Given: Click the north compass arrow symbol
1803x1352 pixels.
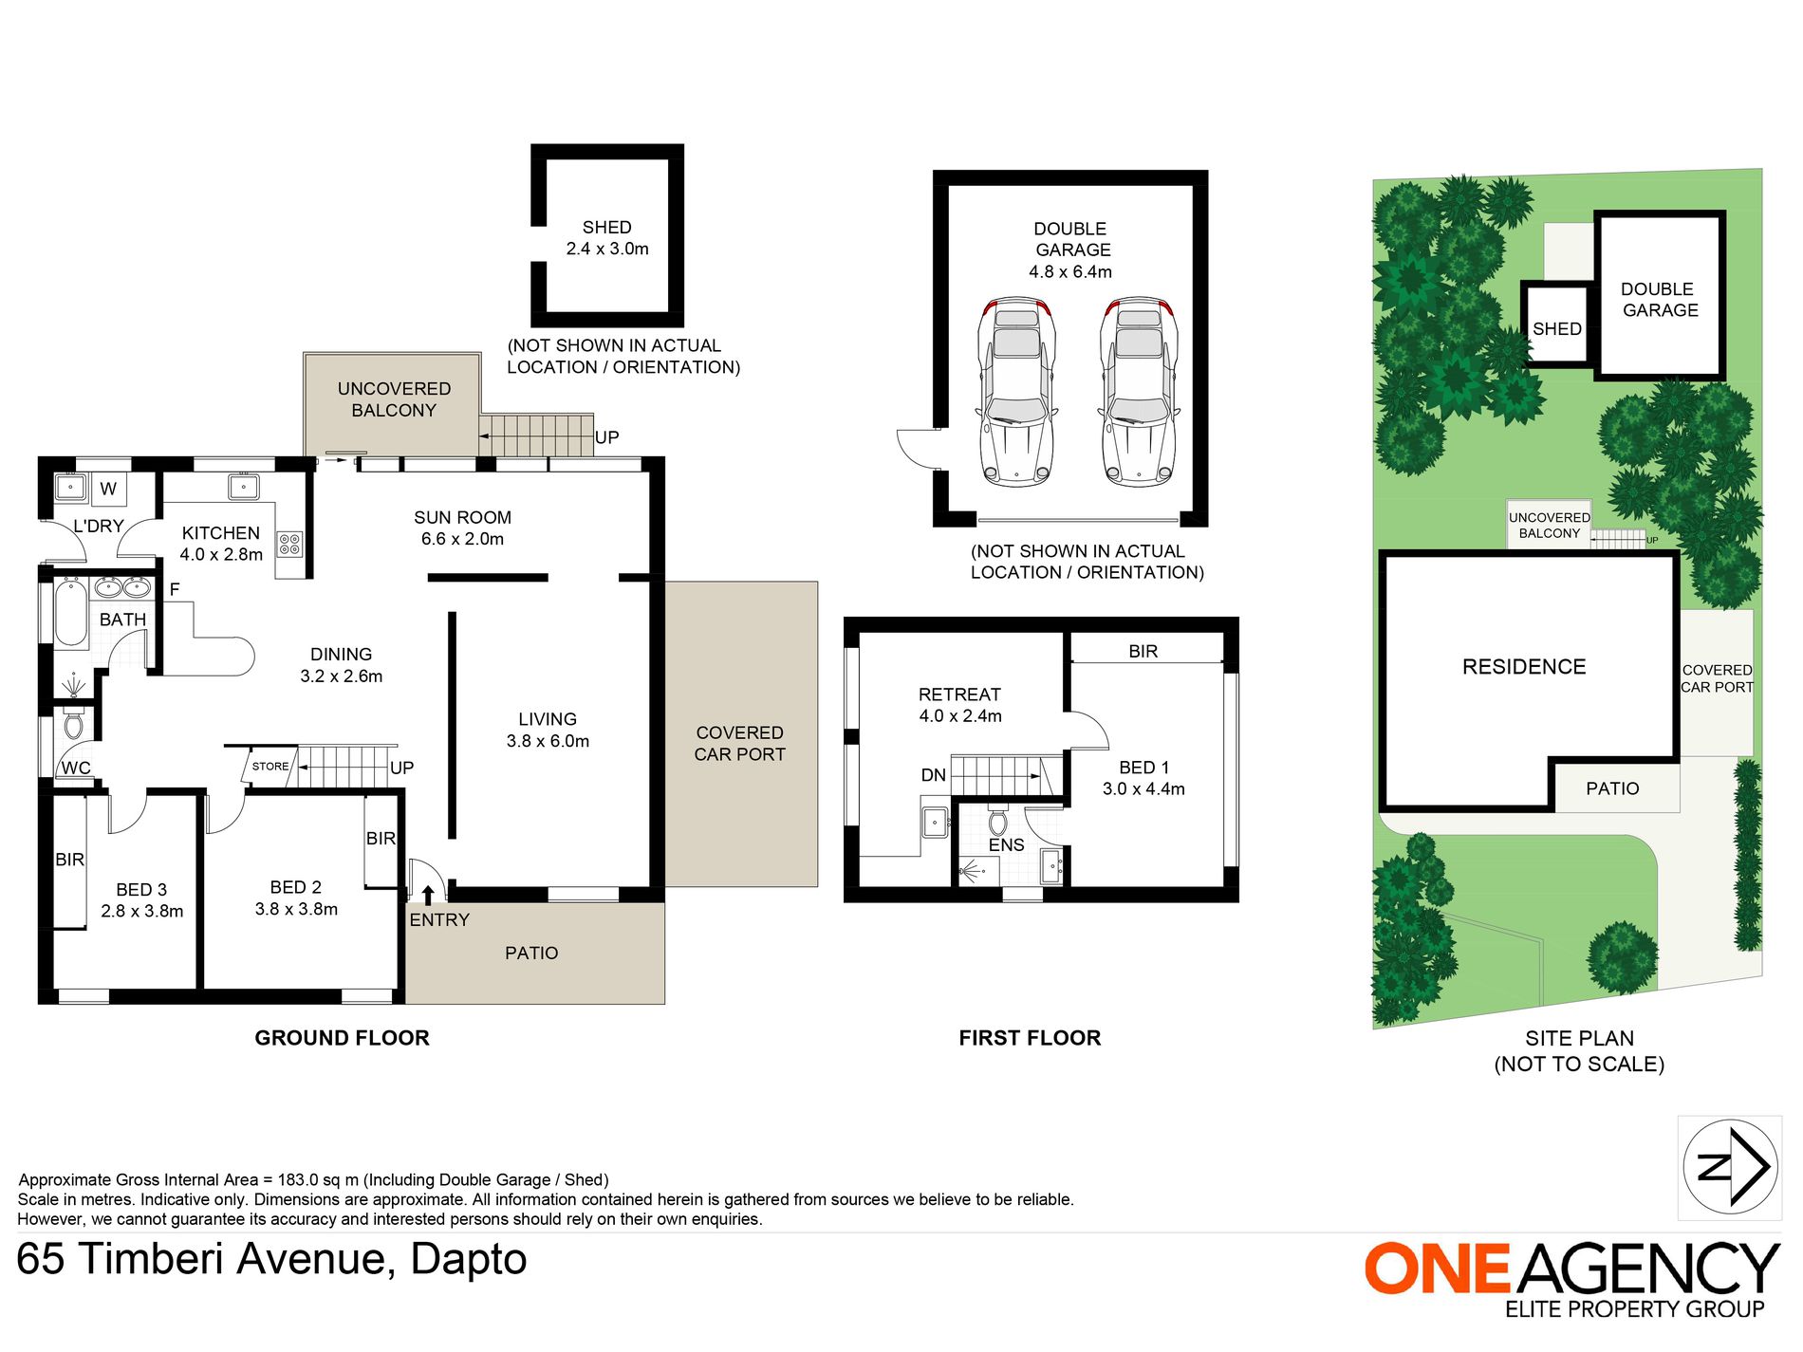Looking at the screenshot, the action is pyautogui.click(x=1730, y=1166).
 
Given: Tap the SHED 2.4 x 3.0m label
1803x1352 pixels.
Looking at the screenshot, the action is pyautogui.click(x=607, y=238).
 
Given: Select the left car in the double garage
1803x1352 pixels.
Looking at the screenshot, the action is pyautogui.click(x=1017, y=391).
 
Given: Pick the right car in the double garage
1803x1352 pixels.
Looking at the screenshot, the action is pyautogui.click(x=1139, y=391).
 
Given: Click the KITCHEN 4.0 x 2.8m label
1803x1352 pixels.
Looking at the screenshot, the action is pyautogui.click(x=221, y=544).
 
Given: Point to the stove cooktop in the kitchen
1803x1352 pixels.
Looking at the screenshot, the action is pyautogui.click(x=289, y=544).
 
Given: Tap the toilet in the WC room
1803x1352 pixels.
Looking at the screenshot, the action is pyautogui.click(x=73, y=725).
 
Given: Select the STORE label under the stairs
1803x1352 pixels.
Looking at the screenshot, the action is pyautogui.click(x=270, y=767).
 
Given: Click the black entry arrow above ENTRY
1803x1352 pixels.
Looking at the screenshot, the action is pyautogui.click(x=428, y=894).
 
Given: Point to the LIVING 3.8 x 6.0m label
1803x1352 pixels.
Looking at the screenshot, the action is pyautogui.click(x=548, y=730).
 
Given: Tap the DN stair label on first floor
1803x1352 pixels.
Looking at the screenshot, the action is pyautogui.click(x=934, y=775).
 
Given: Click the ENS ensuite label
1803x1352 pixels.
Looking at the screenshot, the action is pyautogui.click(x=1006, y=844).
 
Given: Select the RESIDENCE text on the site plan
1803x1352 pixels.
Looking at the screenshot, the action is pyautogui.click(x=1524, y=667).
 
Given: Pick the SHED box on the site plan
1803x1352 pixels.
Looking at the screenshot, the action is pyautogui.click(x=1557, y=324).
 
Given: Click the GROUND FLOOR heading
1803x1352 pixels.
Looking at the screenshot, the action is pyautogui.click(x=342, y=1038).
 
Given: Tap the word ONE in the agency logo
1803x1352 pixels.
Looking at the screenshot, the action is pyautogui.click(x=1438, y=1269).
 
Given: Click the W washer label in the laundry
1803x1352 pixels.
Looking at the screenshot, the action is pyautogui.click(x=108, y=489).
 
